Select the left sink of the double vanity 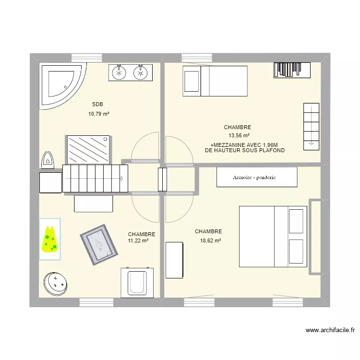click(x=119, y=72)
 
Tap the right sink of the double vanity click(x=141, y=72)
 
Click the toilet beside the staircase click(x=48, y=159)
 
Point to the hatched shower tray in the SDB click(x=88, y=149)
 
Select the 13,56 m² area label click(x=237, y=136)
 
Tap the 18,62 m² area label click(x=210, y=240)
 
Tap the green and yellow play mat click(x=50, y=239)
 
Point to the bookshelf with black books click(x=292, y=70)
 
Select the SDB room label click(x=97, y=104)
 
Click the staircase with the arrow click(x=96, y=179)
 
